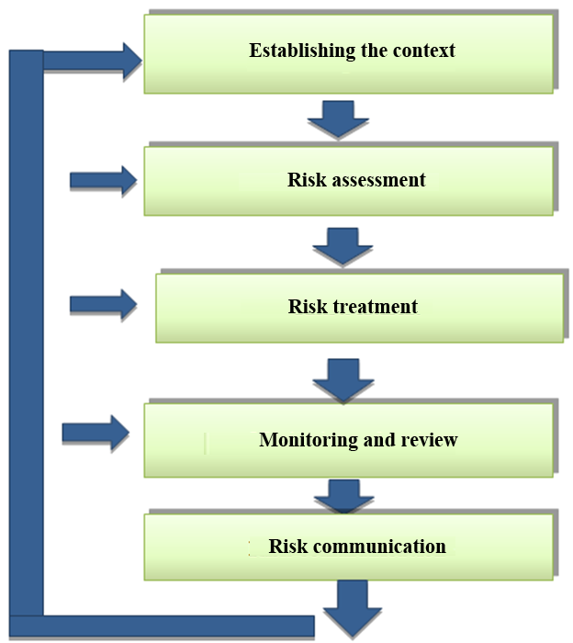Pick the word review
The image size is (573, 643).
point(429,440)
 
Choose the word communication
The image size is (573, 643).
point(380,547)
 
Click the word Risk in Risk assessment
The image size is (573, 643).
point(305,180)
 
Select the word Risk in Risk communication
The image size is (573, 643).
point(288,547)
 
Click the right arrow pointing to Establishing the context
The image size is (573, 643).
point(92,61)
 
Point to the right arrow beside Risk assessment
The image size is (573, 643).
point(102,179)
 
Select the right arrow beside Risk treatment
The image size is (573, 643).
point(103,304)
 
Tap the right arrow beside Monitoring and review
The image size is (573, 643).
point(95,432)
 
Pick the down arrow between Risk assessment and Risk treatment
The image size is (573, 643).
point(343,246)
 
